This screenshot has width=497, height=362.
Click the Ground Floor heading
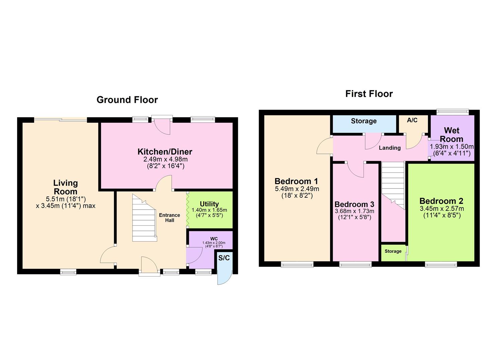[x=127, y=100]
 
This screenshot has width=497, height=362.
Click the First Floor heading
[x=369, y=94]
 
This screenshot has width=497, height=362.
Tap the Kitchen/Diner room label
[x=165, y=152]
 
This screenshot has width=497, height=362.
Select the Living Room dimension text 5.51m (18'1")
[x=66, y=198]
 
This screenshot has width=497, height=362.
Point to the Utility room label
[x=209, y=204]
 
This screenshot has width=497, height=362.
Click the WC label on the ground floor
[x=214, y=239]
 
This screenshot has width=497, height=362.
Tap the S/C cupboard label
[x=224, y=258]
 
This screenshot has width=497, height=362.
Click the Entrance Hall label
[x=169, y=218]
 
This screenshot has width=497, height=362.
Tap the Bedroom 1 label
[x=296, y=181]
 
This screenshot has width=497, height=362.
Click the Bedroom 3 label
[x=354, y=204]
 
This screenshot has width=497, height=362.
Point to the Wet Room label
[x=451, y=134]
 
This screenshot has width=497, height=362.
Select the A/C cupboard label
[x=412, y=120]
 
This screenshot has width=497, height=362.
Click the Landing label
[x=390, y=148]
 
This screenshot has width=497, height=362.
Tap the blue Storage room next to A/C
[x=364, y=121]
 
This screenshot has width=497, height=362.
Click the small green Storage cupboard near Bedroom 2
[x=393, y=251]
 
